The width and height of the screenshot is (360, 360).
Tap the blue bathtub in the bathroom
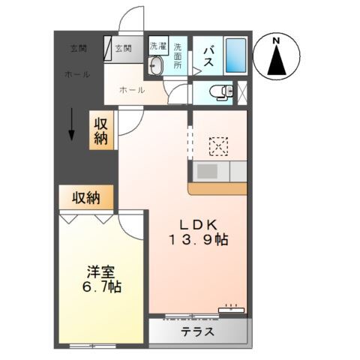click(235, 55)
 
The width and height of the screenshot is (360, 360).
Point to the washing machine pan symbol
click(156, 65)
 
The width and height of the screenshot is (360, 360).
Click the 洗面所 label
click(178, 55)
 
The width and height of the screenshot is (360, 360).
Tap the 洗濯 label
click(157, 45)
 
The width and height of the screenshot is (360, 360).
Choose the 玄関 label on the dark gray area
click(79, 49)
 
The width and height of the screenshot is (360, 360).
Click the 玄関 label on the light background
click(124, 49)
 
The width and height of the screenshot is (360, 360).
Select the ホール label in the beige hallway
click(132, 90)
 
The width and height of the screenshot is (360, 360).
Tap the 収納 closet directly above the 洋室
click(86, 198)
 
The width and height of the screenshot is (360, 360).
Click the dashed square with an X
click(218, 145)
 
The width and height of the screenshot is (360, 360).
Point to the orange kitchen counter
click(217, 188)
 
